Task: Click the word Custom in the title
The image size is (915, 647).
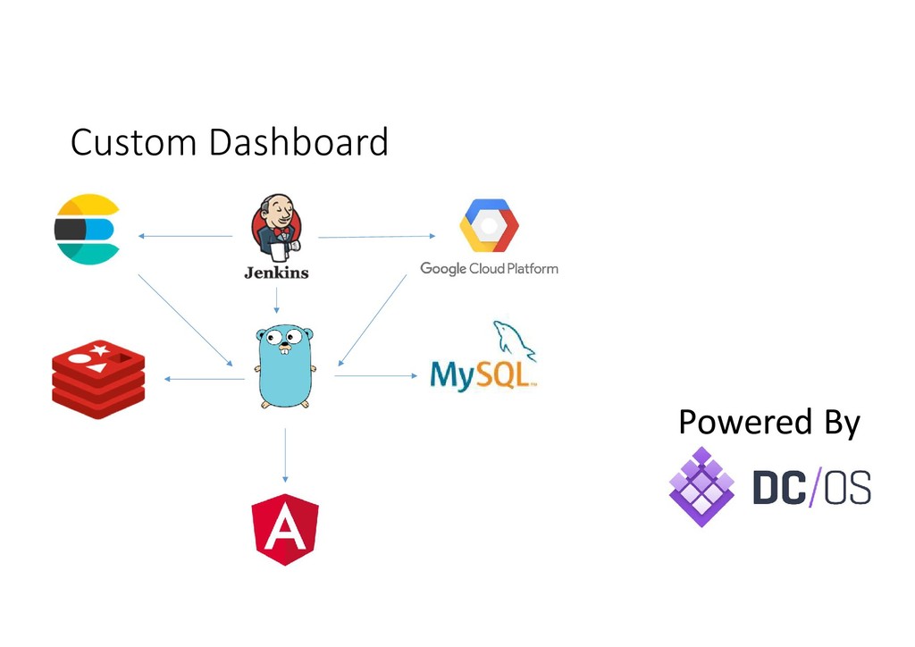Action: pos(133,142)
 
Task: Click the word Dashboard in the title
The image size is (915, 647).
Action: pos(298,142)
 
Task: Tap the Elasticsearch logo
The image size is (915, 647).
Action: pos(87,229)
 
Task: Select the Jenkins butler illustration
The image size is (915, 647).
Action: pos(276,226)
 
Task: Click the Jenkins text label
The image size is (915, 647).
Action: pos(276,272)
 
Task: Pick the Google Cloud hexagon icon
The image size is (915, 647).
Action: pos(489,226)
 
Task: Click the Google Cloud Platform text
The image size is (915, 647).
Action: pos(489,268)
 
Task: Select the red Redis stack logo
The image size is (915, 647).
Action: pos(98,379)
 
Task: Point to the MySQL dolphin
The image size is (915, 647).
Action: pos(513,340)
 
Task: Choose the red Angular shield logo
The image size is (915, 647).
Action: pos(285,529)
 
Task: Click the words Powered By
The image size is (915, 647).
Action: pos(768,422)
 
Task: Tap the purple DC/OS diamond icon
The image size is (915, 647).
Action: pos(701,486)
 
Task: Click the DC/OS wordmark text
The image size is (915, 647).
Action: pos(811,488)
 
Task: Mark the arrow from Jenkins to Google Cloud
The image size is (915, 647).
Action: pos(376,237)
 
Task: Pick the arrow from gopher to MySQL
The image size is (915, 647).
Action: pos(376,375)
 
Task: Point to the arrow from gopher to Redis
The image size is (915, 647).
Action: pos(205,379)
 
